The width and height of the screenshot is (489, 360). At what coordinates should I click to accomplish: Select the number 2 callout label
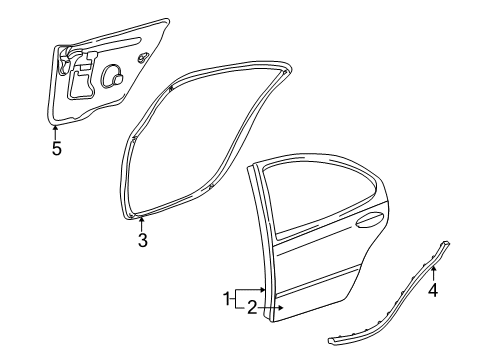(252, 307)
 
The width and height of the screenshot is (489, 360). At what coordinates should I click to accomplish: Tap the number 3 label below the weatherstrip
(142, 241)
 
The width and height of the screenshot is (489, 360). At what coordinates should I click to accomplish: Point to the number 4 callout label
(433, 292)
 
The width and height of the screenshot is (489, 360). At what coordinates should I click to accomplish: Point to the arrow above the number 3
(142, 222)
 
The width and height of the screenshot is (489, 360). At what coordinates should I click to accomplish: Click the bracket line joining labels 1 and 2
(237, 298)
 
